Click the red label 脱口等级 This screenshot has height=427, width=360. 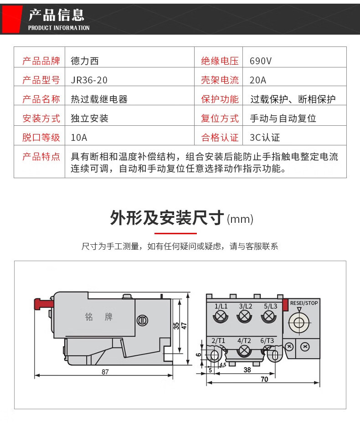click(x=41, y=137)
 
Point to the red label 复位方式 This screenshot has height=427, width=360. click(x=220, y=118)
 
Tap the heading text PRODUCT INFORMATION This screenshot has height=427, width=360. click(x=59, y=28)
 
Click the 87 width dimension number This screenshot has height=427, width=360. click(x=105, y=372)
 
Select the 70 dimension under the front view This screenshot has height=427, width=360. click(x=264, y=379)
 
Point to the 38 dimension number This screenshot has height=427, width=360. click(x=247, y=370)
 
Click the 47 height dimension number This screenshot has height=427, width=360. click(x=184, y=326)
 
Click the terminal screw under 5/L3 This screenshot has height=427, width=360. click(x=269, y=317)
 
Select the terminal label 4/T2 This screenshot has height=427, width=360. click(x=244, y=341)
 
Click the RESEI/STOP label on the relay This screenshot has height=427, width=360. click(x=304, y=303)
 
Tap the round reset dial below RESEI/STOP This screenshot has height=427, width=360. click(x=299, y=323)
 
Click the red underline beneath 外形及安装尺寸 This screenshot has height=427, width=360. click(x=175, y=233)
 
